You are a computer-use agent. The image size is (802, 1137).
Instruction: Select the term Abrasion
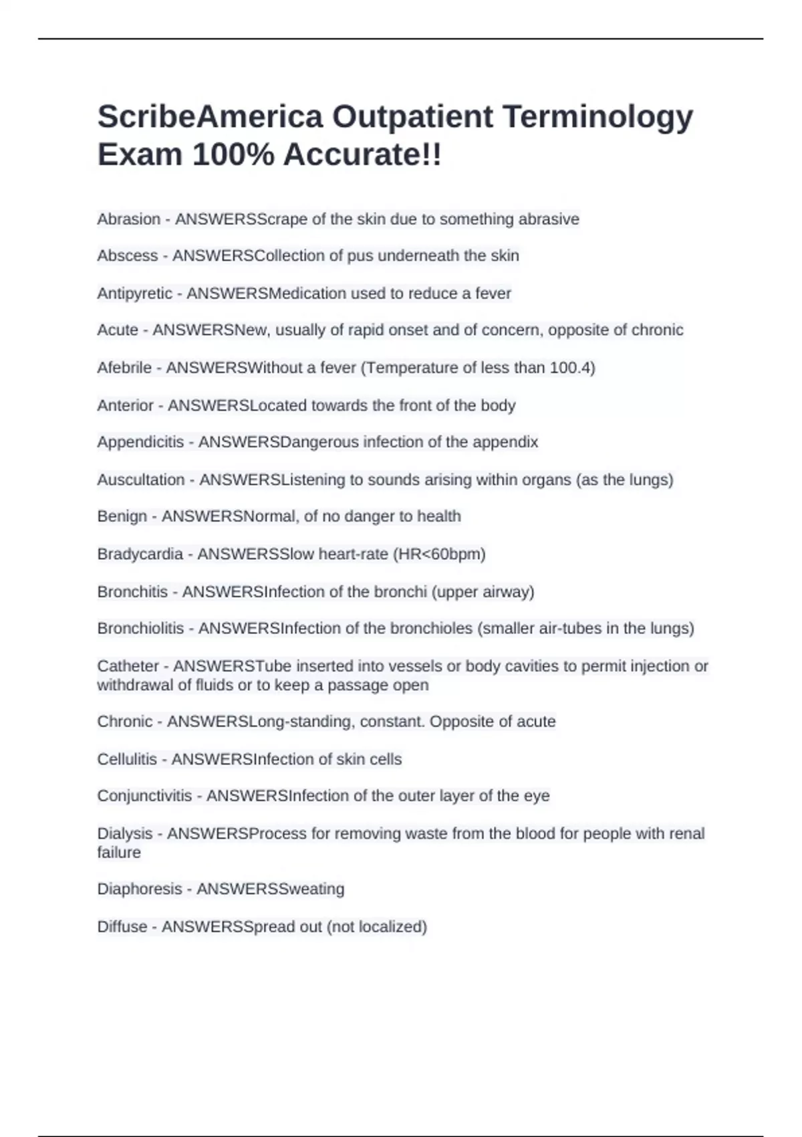coord(129,219)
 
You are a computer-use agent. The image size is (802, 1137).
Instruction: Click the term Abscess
coord(127,255)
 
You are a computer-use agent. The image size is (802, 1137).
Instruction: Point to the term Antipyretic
coord(134,294)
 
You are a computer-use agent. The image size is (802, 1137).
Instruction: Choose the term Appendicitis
coord(140,442)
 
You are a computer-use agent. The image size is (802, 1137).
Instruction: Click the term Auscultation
coord(141,480)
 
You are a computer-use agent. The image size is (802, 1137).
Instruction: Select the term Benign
coord(122,516)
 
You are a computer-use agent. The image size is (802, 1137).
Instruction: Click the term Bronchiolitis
coord(140,629)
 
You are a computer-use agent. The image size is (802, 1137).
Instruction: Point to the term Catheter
coord(128,666)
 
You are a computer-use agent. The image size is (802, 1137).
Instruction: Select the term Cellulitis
coord(127,759)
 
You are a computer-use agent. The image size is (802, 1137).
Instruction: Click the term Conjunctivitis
coord(144,796)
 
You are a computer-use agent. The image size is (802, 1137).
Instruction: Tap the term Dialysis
coord(125,833)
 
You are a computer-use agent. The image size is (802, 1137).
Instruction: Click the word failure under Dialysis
coord(119,853)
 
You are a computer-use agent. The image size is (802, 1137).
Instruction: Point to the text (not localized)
coord(377,927)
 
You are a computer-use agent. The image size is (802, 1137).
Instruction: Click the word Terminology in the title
coord(597,116)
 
